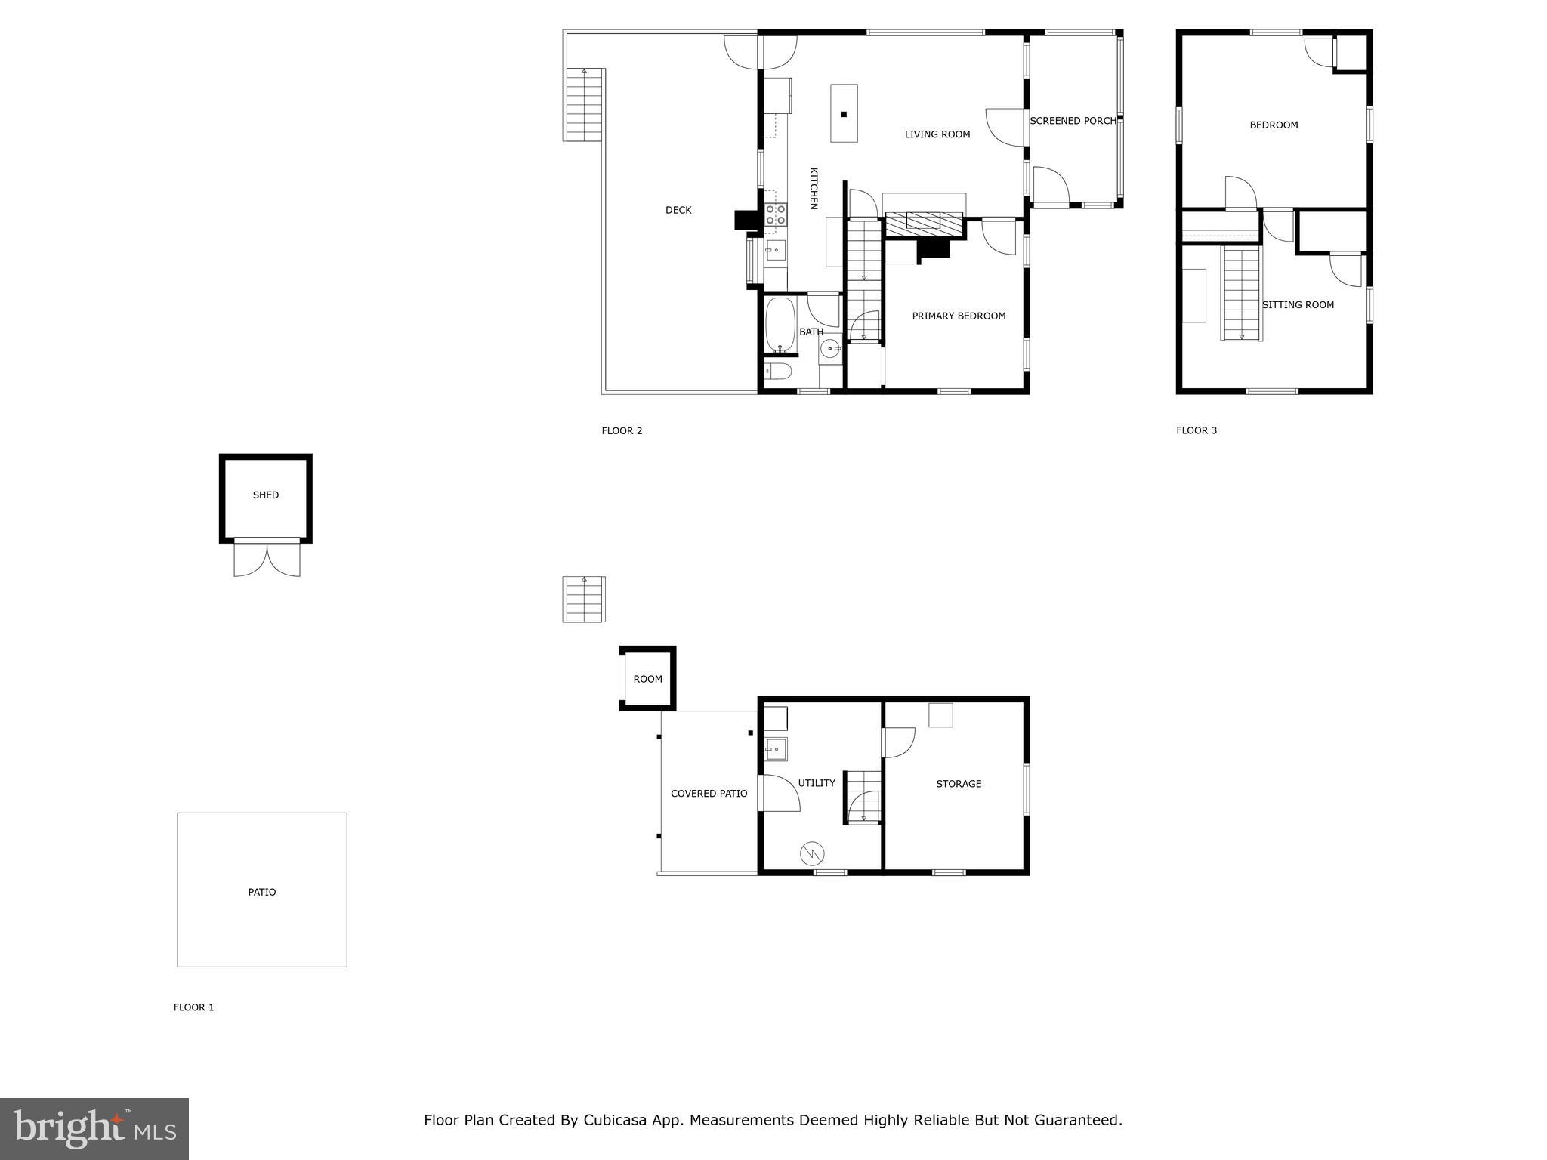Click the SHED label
click(265, 495)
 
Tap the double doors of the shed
click(267, 559)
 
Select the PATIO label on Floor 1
click(262, 893)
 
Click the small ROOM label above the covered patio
click(647, 679)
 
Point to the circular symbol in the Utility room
click(812, 853)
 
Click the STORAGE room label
click(959, 784)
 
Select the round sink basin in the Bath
click(830, 348)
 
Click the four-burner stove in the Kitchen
click(775, 214)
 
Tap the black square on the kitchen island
click(844, 115)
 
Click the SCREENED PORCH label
click(1073, 121)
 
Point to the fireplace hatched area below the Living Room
click(924, 221)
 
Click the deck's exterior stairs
click(584, 104)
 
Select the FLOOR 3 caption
click(1196, 430)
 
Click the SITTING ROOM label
click(1298, 305)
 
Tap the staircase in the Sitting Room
click(1242, 295)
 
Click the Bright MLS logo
click(94, 1128)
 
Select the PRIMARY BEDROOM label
click(959, 316)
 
